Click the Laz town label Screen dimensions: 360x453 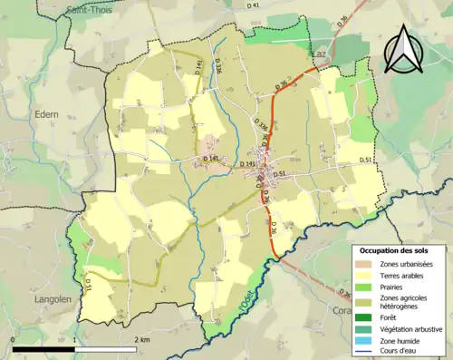coord(319,54)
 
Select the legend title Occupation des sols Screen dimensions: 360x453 coord(398,250)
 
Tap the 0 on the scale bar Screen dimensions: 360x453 coord(13,339)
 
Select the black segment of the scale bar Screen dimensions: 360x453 coord(43,349)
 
